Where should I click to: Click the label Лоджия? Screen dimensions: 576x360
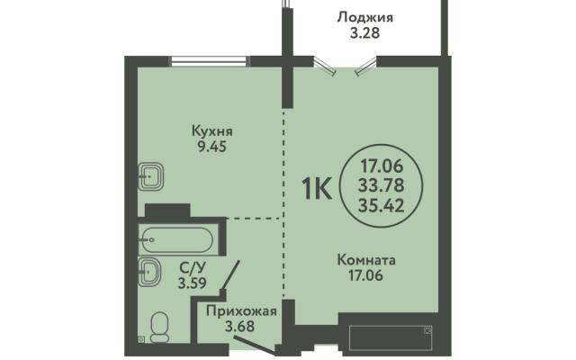click(364, 18)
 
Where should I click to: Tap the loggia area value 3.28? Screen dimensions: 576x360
click(364, 33)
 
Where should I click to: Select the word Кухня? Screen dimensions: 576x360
click(212, 131)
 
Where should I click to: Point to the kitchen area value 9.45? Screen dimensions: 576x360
click(212, 147)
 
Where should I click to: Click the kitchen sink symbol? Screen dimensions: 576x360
click(150, 176)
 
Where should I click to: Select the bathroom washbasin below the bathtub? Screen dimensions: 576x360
click(149, 272)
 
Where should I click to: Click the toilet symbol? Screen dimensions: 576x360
click(160, 328)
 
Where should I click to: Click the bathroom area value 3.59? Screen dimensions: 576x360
click(192, 283)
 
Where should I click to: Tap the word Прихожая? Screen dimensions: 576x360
click(241, 311)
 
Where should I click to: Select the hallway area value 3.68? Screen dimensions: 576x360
click(240, 326)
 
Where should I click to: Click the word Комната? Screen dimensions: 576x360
click(366, 260)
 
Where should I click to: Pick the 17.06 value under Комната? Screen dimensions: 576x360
click(365, 275)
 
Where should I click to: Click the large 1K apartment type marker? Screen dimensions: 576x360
click(317, 188)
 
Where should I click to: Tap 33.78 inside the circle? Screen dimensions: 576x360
click(381, 185)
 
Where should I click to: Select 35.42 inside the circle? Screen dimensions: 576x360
click(382, 205)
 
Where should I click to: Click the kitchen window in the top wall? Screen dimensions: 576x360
click(210, 61)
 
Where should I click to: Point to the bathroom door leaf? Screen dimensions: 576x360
click(230, 276)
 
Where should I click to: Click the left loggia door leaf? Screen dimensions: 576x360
click(325, 67)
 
